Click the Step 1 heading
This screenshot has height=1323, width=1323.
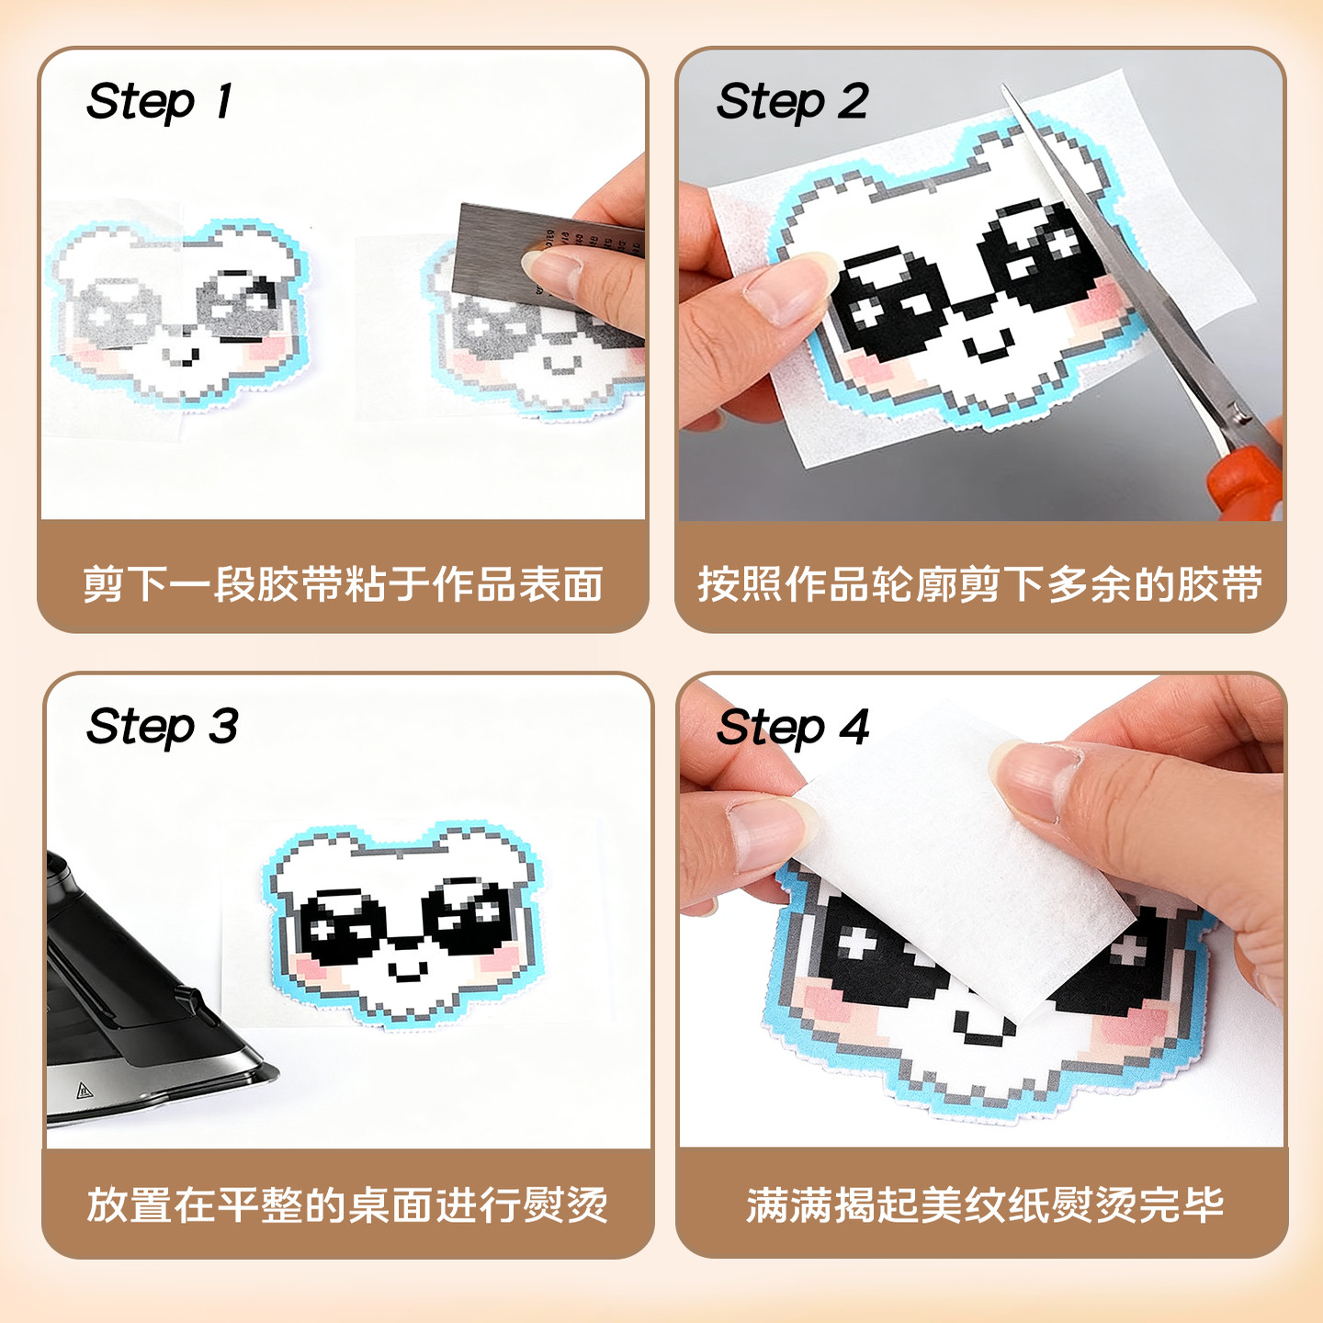pos(158,101)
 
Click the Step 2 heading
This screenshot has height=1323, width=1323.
pos(792,101)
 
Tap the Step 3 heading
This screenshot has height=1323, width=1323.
pos(162,727)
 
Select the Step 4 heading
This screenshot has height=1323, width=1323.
pos(792,728)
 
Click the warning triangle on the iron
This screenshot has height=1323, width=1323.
pos(85,1091)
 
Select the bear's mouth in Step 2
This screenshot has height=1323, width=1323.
pos(989,348)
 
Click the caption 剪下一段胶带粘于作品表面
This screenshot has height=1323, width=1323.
pos(343,584)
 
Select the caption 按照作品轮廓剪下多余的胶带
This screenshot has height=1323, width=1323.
pos(979,584)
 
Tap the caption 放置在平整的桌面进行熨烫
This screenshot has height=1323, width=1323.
pos(347,1204)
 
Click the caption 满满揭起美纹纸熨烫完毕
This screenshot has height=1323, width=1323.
pos(984,1204)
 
